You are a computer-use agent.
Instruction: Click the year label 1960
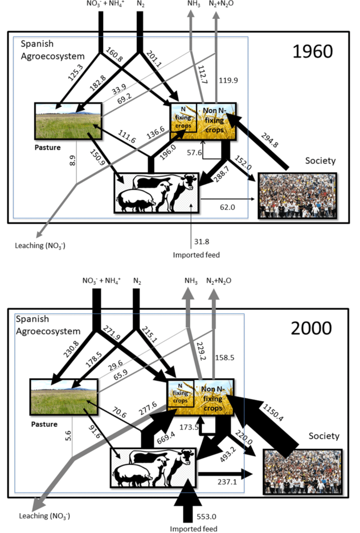click(313, 52)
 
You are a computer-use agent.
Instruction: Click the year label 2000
click(312, 328)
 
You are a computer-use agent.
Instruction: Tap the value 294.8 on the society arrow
click(269, 140)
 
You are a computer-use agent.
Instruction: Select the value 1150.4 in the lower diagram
click(273, 412)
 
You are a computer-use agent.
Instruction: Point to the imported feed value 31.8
click(201, 242)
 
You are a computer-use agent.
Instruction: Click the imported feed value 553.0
click(207, 517)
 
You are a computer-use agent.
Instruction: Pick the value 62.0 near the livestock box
click(227, 207)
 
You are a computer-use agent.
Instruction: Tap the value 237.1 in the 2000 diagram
click(227, 481)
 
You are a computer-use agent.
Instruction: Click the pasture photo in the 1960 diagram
click(68, 121)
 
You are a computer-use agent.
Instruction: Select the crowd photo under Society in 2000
click(303, 472)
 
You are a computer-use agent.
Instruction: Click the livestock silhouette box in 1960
click(157, 193)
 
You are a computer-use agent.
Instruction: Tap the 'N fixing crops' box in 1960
click(184, 118)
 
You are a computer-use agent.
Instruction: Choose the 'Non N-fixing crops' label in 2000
click(213, 398)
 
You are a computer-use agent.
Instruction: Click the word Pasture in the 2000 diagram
click(44, 424)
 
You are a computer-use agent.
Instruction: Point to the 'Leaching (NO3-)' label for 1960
click(40, 246)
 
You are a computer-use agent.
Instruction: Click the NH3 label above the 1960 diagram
click(194, 4)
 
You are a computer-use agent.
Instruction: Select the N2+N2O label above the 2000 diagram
click(218, 281)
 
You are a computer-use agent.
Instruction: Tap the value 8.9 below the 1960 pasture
click(72, 158)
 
